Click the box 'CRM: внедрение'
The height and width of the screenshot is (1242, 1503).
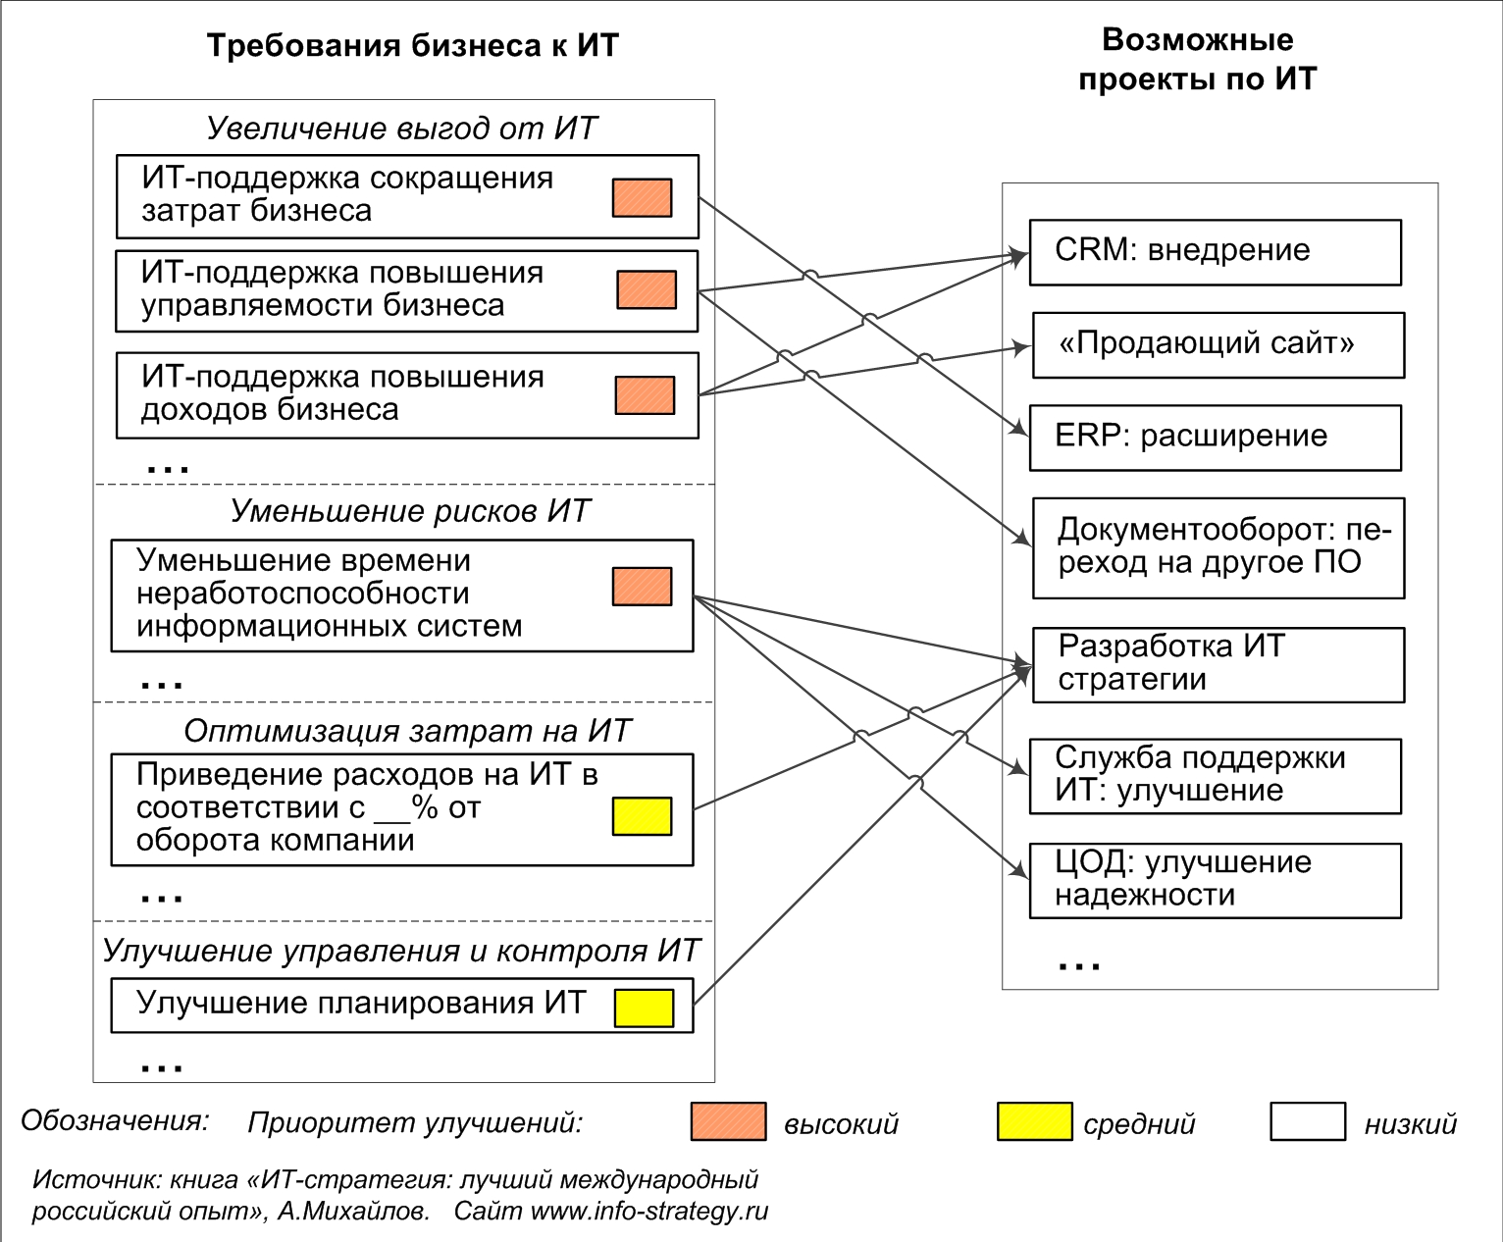tap(1216, 252)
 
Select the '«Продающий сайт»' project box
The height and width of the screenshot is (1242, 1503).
tap(1218, 345)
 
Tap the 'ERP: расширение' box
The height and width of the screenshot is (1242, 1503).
tap(1216, 438)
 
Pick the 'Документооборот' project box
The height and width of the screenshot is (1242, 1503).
tap(1218, 548)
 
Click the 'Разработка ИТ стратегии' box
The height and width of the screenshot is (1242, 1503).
tap(1218, 664)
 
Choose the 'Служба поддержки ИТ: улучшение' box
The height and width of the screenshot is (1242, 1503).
tap(1216, 776)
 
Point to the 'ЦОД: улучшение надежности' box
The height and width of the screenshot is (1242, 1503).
tap(1216, 881)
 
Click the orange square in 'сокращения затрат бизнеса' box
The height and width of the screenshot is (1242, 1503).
tap(642, 198)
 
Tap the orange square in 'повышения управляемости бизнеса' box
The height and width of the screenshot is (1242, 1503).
tap(647, 289)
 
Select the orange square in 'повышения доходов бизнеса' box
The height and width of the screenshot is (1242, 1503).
tap(645, 395)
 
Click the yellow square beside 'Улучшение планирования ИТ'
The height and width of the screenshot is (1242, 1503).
tap(644, 1008)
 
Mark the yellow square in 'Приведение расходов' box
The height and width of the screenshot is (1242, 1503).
tap(642, 816)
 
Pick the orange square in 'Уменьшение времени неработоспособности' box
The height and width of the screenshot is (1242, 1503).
tap(642, 587)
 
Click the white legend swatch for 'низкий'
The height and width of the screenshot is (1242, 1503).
tap(1307, 1121)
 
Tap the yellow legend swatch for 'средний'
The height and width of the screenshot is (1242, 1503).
tap(1034, 1121)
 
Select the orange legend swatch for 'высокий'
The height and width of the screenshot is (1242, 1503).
tap(729, 1121)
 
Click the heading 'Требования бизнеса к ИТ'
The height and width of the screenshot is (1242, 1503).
tap(412, 45)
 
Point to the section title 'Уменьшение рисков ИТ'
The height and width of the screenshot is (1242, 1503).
tap(409, 511)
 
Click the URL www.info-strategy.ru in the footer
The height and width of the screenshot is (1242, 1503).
tap(649, 1212)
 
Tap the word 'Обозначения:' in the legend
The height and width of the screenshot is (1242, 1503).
tap(115, 1120)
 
